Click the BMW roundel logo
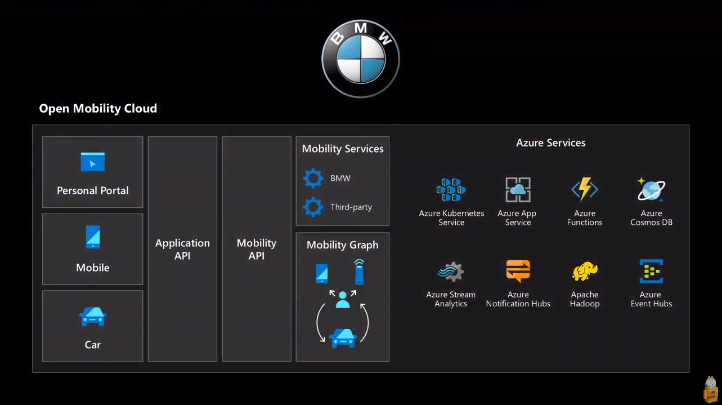tap(361, 59)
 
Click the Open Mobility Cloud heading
tap(98, 108)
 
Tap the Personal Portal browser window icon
tap(92, 162)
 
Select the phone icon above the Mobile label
tap(93, 237)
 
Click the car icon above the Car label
tap(92, 317)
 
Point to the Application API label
tap(182, 249)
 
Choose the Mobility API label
tap(257, 249)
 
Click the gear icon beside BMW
tap(313, 178)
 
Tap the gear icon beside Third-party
tap(313, 207)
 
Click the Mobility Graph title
tap(343, 245)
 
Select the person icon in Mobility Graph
tap(343, 300)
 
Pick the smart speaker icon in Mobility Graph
tap(359, 272)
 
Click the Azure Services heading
tap(551, 143)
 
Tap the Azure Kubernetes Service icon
tap(451, 189)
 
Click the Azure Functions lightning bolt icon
tap(585, 189)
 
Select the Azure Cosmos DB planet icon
tap(651, 190)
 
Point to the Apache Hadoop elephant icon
tap(584, 271)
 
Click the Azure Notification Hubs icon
tap(518, 271)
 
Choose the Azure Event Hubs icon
tap(652, 271)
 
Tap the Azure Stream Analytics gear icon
tap(451, 272)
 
